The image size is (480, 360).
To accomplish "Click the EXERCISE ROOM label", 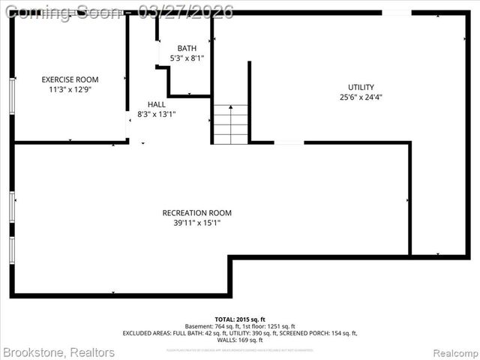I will click(x=70, y=79).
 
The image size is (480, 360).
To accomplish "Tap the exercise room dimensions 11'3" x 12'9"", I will click(x=70, y=89).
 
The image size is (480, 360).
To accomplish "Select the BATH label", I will click(x=187, y=48).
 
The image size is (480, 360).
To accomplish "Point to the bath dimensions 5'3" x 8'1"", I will click(x=187, y=58).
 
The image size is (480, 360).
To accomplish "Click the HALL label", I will click(x=157, y=104).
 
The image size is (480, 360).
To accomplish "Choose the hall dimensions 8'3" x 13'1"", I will click(x=157, y=114).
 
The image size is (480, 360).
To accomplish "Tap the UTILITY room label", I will click(x=361, y=87).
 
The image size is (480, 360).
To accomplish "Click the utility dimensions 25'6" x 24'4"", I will click(x=361, y=97).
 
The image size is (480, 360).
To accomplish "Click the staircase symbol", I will click(x=230, y=124).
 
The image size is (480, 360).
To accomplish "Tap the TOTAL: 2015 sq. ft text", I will click(x=240, y=319).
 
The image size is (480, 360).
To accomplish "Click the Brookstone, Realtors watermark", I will click(x=59, y=352).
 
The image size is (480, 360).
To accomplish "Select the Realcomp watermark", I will click(x=453, y=352).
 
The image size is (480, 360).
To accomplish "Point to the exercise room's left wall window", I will click(x=12, y=96).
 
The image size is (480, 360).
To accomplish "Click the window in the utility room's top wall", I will click(x=396, y=13).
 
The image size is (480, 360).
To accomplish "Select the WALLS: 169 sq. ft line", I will click(x=240, y=340).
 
